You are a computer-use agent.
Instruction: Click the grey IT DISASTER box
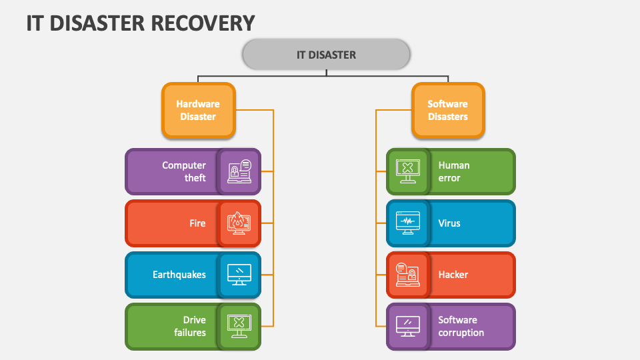326,55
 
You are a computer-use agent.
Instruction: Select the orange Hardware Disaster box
198,110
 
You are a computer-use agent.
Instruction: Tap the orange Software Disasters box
447,110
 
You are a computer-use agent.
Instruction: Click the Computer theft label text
184,171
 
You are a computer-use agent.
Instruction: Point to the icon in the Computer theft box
239,171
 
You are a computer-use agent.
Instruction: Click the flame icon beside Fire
239,223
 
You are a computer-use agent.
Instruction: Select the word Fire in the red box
197,223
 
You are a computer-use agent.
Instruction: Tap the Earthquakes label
179,275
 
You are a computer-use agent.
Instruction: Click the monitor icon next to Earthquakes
239,275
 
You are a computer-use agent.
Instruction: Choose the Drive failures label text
190,326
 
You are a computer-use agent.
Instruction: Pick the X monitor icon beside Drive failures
239,326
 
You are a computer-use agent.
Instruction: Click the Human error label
454,171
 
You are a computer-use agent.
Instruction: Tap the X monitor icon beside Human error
408,171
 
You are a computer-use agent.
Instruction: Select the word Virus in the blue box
449,223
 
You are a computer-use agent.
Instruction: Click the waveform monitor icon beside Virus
408,223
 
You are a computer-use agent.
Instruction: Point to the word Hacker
453,275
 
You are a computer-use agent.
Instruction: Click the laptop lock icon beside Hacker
407,275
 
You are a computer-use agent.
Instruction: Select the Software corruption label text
461,326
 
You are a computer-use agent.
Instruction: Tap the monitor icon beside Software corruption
408,326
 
